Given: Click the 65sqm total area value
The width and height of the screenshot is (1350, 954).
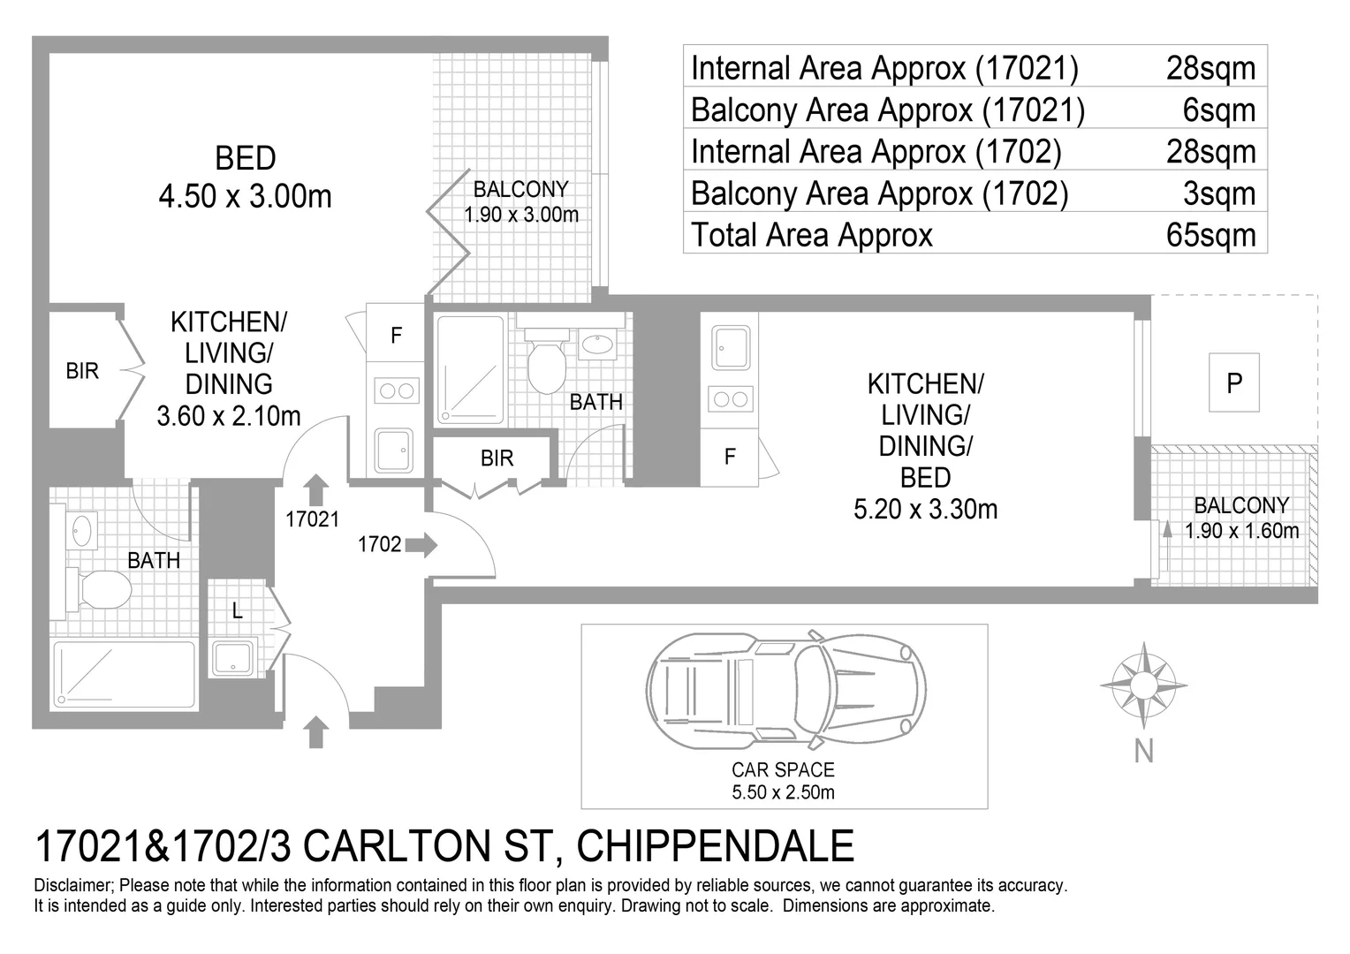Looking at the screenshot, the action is point(1210,235).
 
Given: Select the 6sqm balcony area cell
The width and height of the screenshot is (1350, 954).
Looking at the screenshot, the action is point(1218,110).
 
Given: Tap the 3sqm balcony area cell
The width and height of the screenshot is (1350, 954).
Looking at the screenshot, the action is point(1218,193).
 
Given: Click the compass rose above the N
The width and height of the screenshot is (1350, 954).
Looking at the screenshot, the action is point(1143,685).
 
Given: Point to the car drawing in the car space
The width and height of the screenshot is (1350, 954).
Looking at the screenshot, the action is point(786,690).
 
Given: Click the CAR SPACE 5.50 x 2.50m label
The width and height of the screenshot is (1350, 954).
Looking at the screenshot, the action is point(783,781).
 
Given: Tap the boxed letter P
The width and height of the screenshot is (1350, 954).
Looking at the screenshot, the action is point(1233,382).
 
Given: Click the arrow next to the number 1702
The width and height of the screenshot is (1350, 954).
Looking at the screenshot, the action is point(421,545).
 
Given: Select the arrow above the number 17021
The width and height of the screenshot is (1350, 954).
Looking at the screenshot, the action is point(315,490).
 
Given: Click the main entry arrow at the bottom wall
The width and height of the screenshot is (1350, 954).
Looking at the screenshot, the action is point(315,732).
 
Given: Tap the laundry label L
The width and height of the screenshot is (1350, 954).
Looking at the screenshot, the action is point(238,611).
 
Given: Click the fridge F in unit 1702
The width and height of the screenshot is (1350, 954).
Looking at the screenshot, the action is point(729,458).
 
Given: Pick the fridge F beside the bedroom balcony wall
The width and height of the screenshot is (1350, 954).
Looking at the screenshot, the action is point(396,335).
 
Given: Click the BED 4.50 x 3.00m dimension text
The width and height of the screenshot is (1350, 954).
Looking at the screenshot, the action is point(246,178).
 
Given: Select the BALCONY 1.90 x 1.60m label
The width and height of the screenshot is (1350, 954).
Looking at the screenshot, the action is point(1241,518).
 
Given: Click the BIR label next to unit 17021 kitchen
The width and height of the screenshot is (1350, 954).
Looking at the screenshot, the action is point(82,371).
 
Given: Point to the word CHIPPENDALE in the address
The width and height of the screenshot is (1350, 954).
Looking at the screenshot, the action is point(716,846).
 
